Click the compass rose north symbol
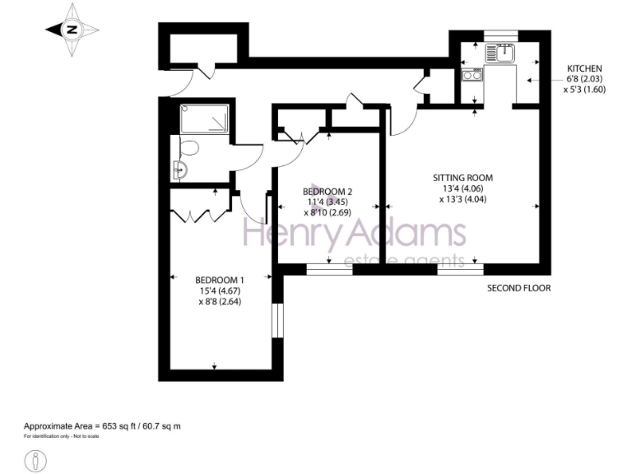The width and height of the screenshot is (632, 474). pos(72,30)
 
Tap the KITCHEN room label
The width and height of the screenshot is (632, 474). pos(584,68)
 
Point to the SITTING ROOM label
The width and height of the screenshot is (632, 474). pos(463,177)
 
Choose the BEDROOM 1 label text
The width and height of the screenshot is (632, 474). pos(218,279)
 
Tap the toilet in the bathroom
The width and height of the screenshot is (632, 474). pos(188,148)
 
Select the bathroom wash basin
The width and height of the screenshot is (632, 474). pos(181,171)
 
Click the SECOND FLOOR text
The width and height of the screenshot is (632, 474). pos(518,288)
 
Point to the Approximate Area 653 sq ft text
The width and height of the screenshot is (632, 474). pos(102,425)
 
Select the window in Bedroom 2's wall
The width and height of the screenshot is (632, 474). pos(329,268)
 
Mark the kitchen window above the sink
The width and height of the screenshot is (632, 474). pos(498,35)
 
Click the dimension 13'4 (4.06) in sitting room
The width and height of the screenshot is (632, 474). pos(463,188)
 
